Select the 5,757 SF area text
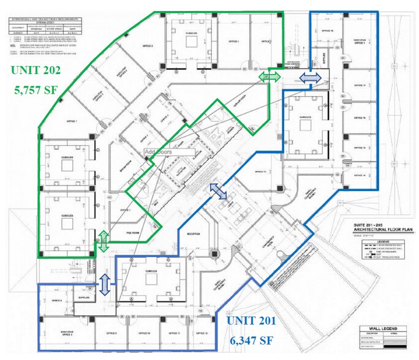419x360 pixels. [x=37, y=89]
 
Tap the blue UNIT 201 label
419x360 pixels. [x=251, y=320]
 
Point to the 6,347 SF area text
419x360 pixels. [x=251, y=339]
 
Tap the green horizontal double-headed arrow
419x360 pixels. [x=270, y=76]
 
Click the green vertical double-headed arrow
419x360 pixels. [x=105, y=241]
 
